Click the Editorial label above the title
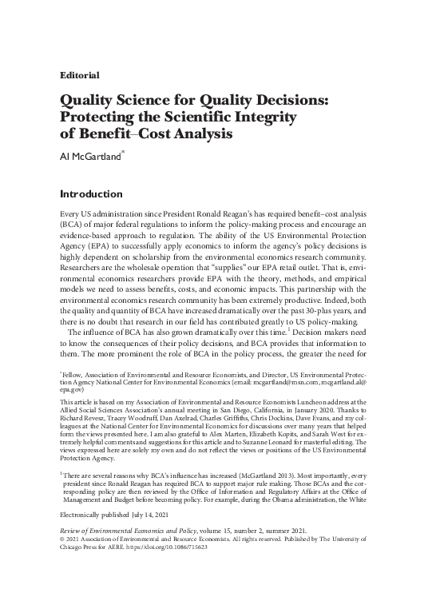click(80, 75)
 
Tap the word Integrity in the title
click(262, 118)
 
